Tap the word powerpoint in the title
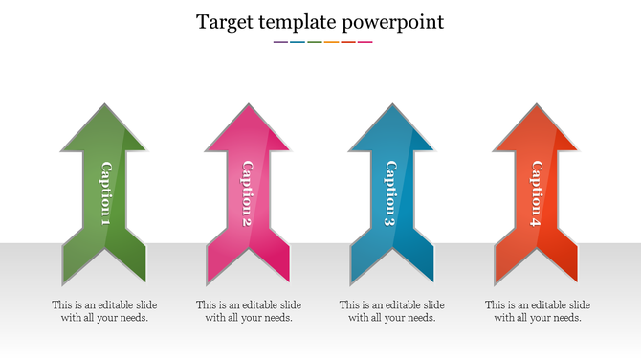click(x=393, y=21)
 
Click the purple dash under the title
click(x=280, y=42)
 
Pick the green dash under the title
click(x=314, y=42)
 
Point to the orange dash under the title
click(x=331, y=42)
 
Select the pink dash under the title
click(x=365, y=42)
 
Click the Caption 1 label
click(x=105, y=193)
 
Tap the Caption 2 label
click(x=247, y=193)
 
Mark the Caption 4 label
click(x=536, y=193)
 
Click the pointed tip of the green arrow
click(x=104, y=105)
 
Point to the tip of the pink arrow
click(x=247, y=105)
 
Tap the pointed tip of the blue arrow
click(x=390, y=105)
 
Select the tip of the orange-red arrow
click(x=536, y=105)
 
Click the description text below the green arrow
click(x=104, y=311)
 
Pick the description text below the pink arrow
click(x=248, y=311)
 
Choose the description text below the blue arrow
click(x=391, y=311)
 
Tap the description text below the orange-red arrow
click(x=537, y=311)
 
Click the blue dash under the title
click(x=298, y=42)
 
